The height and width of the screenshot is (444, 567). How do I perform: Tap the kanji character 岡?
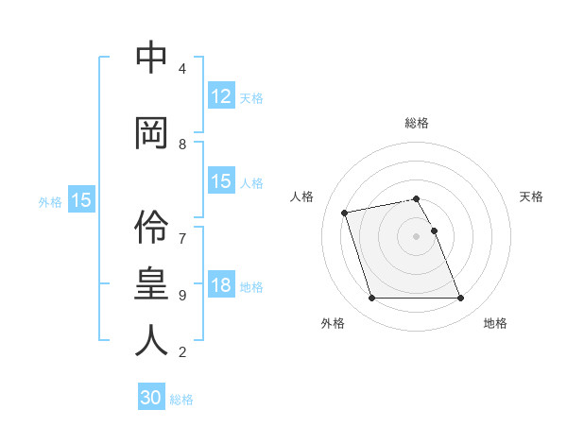[151, 133]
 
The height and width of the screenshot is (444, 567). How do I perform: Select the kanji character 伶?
[151, 227]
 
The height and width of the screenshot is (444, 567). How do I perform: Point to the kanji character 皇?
[151, 284]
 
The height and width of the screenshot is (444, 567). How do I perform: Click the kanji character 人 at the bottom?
[151, 340]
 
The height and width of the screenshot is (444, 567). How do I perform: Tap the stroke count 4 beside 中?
[181, 69]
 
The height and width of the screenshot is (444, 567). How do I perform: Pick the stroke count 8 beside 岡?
[181, 145]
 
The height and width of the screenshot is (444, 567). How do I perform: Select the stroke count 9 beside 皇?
[181, 295]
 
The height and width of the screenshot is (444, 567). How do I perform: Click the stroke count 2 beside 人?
[181, 352]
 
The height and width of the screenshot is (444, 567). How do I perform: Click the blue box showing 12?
[221, 96]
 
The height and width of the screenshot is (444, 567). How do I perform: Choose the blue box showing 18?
[221, 286]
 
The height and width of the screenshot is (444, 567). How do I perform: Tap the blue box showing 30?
[151, 398]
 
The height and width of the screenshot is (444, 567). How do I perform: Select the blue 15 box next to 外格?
[80, 200]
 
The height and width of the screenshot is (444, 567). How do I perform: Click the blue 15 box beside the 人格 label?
[221, 181]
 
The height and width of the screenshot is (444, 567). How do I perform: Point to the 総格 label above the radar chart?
[417, 123]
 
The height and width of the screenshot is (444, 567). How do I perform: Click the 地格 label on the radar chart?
[495, 323]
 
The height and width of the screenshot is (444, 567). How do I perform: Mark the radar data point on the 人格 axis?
[345, 212]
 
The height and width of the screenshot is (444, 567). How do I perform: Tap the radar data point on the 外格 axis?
[371, 299]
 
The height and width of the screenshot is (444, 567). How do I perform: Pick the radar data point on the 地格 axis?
[460, 299]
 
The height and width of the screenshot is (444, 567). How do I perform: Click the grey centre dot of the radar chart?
[417, 235]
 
